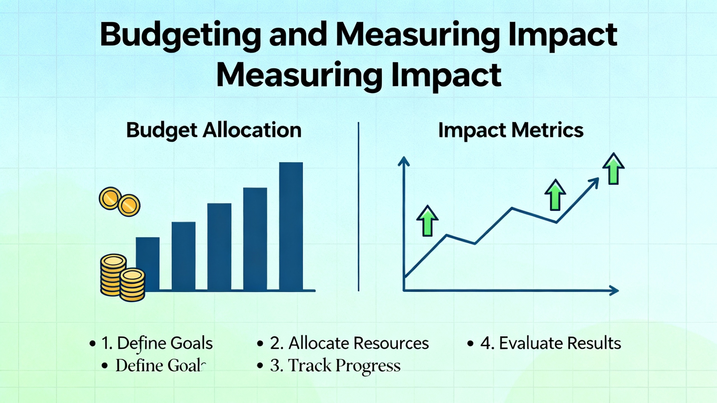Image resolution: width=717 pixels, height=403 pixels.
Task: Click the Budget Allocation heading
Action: tap(214, 131)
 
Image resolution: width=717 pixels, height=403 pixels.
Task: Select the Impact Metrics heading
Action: tap(511, 131)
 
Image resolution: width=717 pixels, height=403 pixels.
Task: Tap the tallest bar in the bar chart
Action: tap(291, 226)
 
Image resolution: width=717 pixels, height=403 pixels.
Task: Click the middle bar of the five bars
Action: tap(219, 247)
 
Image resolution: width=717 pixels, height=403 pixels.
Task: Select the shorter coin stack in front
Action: tap(132, 285)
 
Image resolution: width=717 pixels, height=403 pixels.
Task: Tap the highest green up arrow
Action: tap(613, 168)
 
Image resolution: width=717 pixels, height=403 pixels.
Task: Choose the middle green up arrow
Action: tap(555, 195)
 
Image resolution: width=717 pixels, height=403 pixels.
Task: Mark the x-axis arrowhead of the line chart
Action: tap(614, 290)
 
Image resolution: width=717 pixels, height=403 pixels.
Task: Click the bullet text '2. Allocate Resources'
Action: tap(349, 343)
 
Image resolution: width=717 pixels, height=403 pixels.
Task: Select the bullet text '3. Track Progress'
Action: tap(335, 365)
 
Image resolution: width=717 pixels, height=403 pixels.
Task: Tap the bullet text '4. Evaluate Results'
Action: tap(551, 343)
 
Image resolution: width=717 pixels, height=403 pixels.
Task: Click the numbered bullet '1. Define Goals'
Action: tap(157, 343)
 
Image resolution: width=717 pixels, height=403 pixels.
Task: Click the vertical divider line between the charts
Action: tap(358, 207)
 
